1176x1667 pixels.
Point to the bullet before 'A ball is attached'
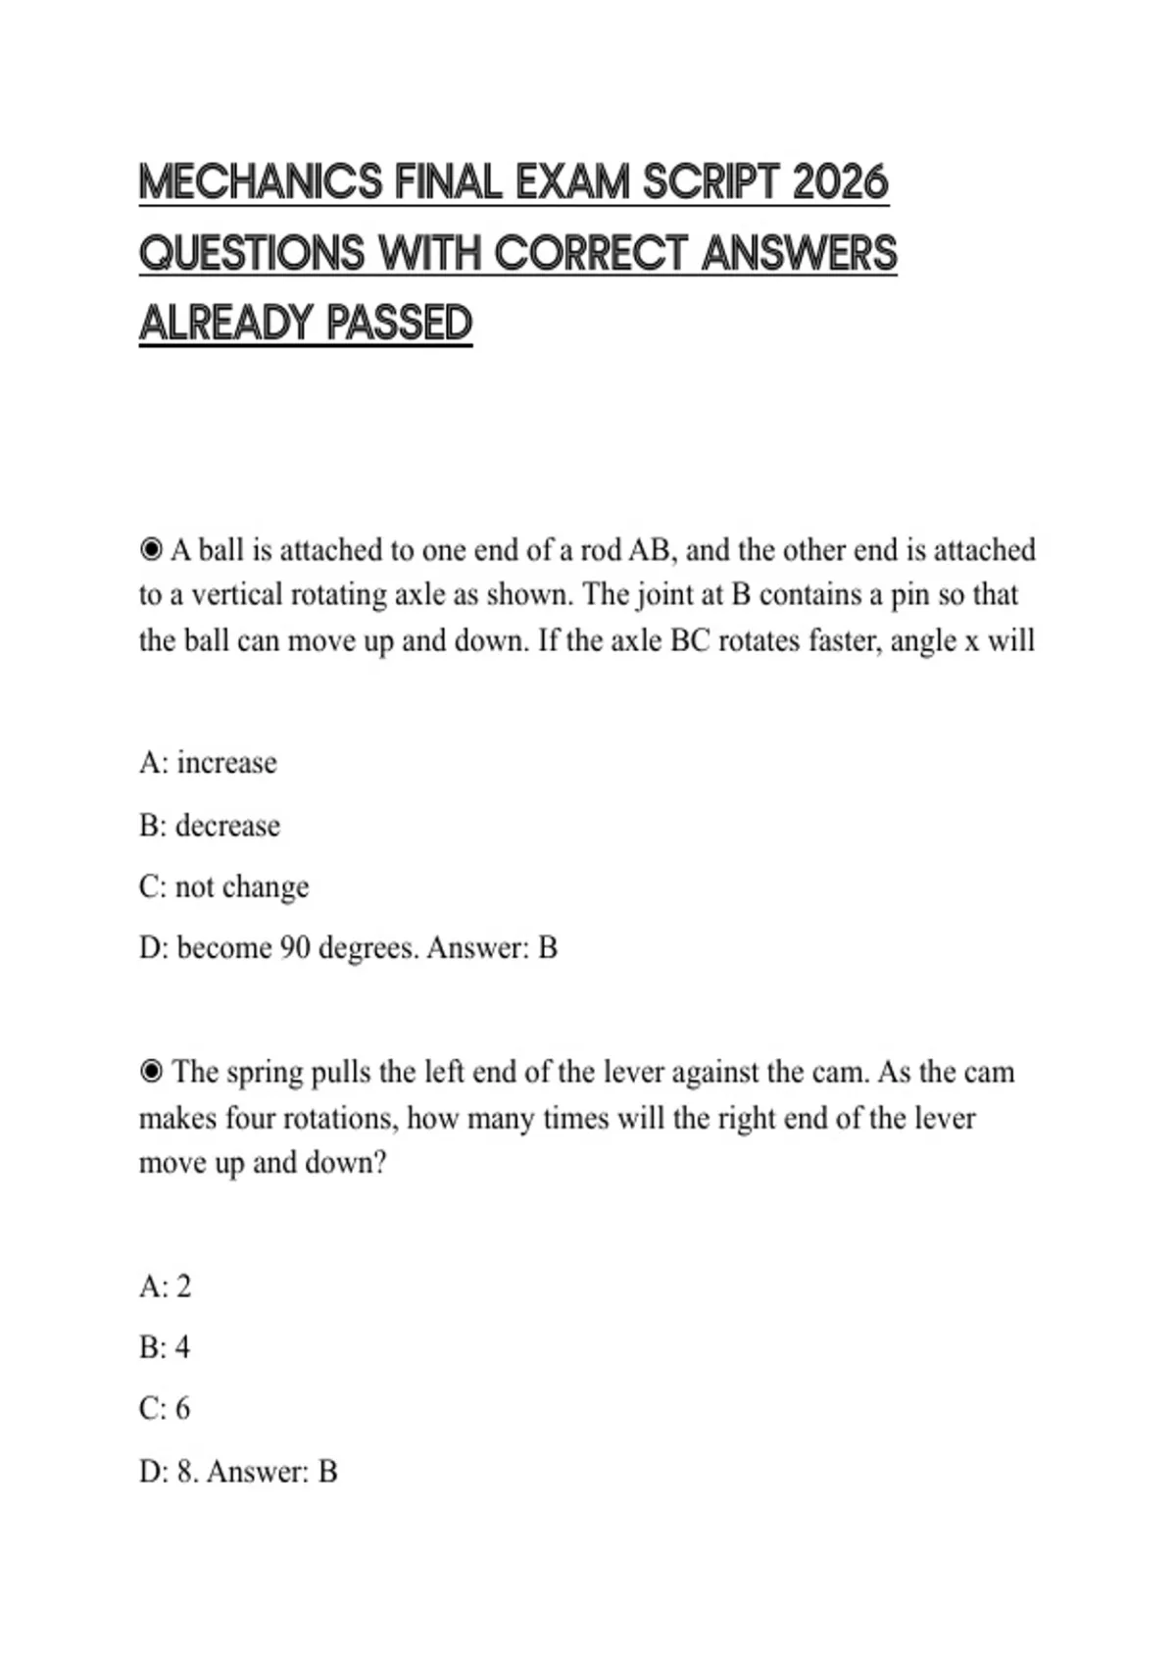(151, 550)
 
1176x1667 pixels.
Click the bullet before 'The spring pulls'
(151, 1073)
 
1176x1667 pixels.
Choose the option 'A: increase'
(208, 763)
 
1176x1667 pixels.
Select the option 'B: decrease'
(209, 826)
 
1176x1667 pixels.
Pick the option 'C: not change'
(223, 886)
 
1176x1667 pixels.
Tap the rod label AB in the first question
(653, 550)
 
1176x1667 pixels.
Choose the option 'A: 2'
(165, 1287)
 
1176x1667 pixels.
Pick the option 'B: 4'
(164, 1347)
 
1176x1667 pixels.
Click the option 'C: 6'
(164, 1409)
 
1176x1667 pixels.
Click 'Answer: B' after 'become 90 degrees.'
(492, 948)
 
